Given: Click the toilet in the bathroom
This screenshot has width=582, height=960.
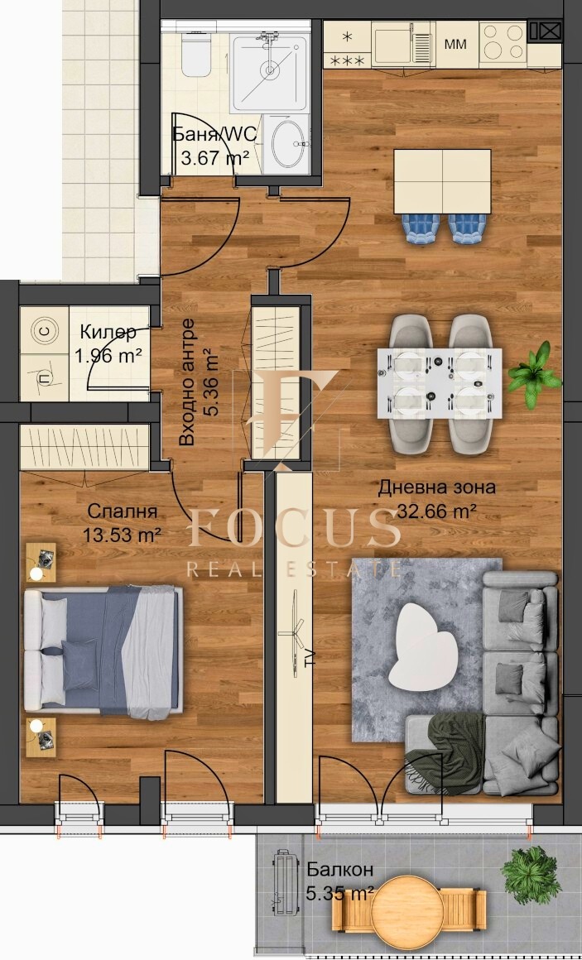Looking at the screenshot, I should tap(196, 55).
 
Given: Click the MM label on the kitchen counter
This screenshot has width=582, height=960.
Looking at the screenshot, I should tap(455, 43).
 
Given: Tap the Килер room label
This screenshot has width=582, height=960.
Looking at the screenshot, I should tap(108, 333).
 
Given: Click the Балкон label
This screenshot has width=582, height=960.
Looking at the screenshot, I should tap(339, 870).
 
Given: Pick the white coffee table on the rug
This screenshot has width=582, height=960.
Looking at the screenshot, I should tap(424, 644).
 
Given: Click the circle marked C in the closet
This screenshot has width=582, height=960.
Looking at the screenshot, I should tap(45, 332).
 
